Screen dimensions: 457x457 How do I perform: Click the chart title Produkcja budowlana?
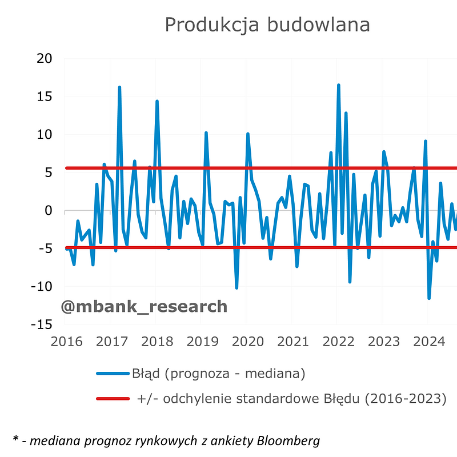[x=267, y=25]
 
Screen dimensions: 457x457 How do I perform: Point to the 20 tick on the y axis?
[x=44, y=59]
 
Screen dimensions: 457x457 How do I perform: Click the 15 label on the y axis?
[x=44, y=97]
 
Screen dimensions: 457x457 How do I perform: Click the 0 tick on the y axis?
[x=48, y=211]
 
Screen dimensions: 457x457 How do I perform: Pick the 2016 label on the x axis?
[x=65, y=342]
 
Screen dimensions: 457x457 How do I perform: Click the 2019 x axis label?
[x=201, y=342]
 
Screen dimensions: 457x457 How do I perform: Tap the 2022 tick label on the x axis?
[x=338, y=342]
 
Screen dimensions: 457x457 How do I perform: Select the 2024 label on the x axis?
[x=428, y=342]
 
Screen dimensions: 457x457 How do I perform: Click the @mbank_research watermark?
[x=144, y=307]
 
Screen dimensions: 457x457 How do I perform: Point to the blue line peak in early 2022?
[x=338, y=85]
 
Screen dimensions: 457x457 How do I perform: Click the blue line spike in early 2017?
[x=119, y=87]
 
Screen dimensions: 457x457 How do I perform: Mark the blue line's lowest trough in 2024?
[x=429, y=298]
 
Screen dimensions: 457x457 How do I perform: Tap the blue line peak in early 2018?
[x=157, y=102]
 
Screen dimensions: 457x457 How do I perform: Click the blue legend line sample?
[x=113, y=374]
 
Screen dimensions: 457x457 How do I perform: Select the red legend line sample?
[x=113, y=398]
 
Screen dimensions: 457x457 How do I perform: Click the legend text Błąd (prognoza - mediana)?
[x=219, y=374]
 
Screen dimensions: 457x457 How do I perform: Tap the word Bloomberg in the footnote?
[x=288, y=440]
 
